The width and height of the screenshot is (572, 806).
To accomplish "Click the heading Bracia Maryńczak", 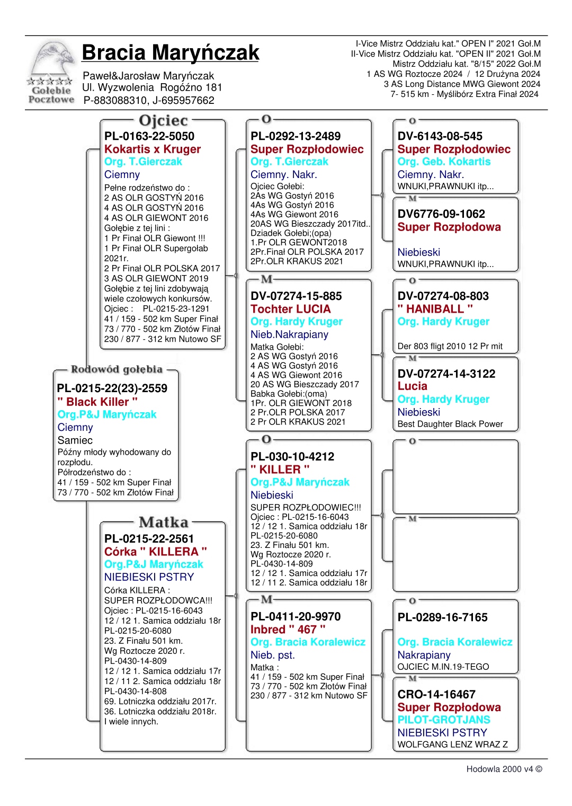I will coord(170,52).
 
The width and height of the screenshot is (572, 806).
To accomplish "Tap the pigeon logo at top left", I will coord(51,72).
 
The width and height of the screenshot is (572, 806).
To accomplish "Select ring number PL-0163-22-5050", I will coord(149,136).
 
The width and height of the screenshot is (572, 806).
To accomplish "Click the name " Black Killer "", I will coord(97,402).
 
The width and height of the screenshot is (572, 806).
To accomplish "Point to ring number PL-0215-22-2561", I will coord(149,539).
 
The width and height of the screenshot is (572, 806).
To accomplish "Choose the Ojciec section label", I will coord(163,121).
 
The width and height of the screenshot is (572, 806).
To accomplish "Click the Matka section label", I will coord(163,522).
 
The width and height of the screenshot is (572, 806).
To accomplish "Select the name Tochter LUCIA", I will coord(290,309).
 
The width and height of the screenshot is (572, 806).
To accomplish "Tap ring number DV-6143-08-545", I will coord(440,136).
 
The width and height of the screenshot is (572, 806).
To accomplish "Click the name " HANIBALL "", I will coord(435,309).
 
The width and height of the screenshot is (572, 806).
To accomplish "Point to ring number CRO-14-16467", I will coord(436,694).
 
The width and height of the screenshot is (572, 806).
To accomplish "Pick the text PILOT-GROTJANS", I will coord(444,720).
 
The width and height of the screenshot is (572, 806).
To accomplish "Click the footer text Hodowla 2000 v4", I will coord(504,769).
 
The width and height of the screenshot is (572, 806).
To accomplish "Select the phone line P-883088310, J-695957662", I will coord(149,100).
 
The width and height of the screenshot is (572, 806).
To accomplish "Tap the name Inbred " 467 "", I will coord(288,630).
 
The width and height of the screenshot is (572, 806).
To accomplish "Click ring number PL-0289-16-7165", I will coord(442,617).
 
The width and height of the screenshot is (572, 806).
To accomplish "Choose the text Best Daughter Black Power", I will coord(450,424).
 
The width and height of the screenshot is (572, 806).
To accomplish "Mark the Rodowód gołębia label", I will coord(117,369).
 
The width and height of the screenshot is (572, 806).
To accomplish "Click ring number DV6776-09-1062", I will coord(441,214).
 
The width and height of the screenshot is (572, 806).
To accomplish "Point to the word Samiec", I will coord(75,440).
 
